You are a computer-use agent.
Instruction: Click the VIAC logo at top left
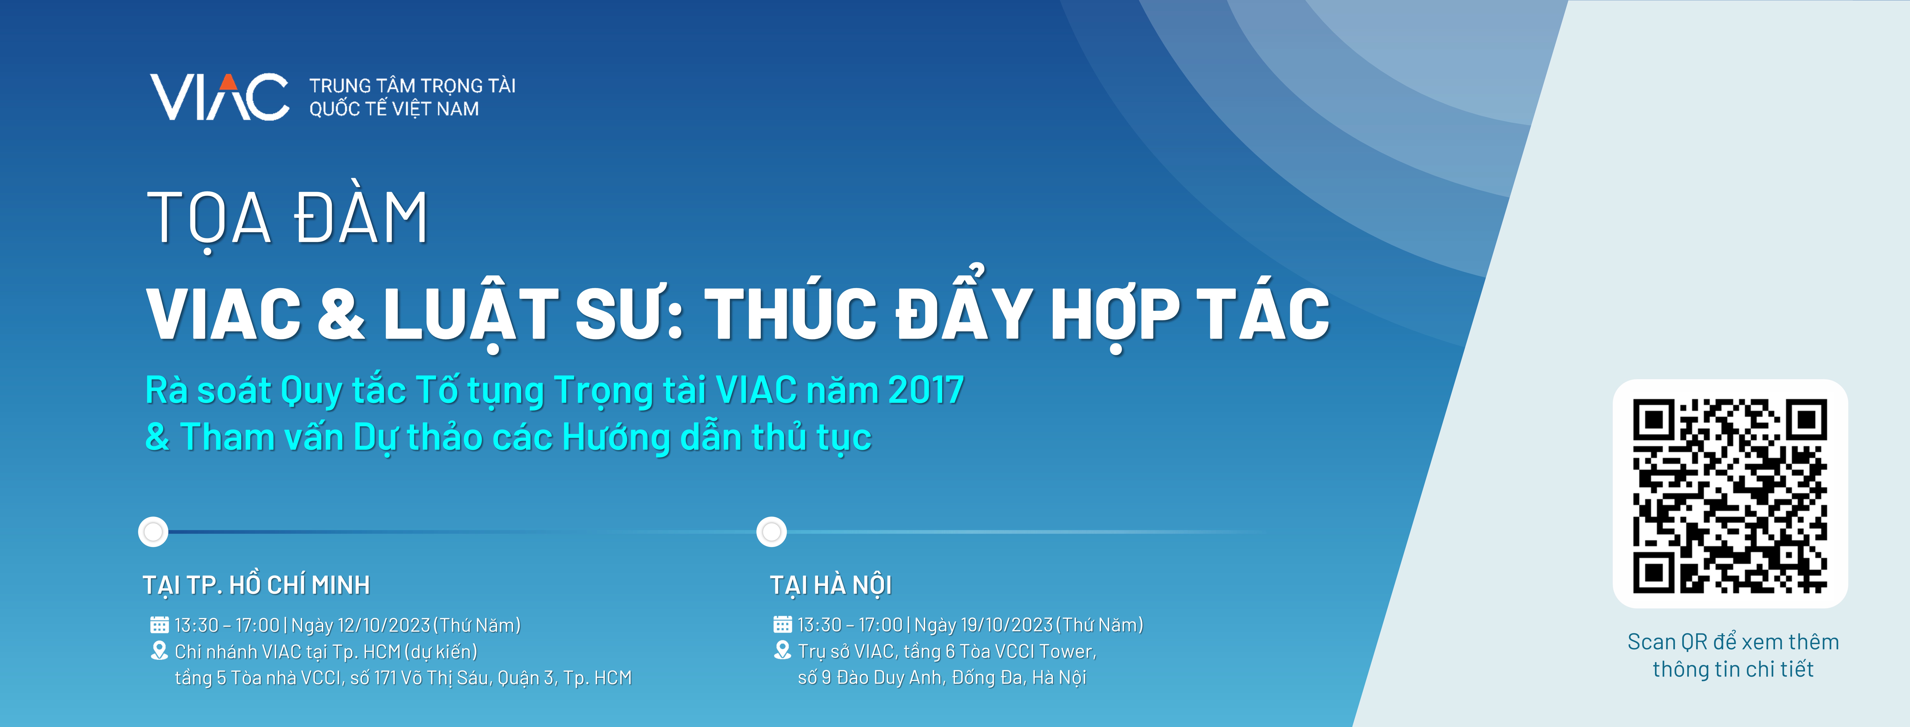tap(220, 96)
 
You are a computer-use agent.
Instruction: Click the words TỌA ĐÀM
tap(288, 219)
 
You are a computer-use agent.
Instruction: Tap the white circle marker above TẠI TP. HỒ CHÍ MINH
tap(154, 532)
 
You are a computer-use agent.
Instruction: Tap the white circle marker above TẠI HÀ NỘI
tap(771, 532)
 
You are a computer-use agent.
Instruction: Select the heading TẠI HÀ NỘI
tap(830, 585)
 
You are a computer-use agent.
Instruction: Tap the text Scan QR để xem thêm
tap(1733, 642)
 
